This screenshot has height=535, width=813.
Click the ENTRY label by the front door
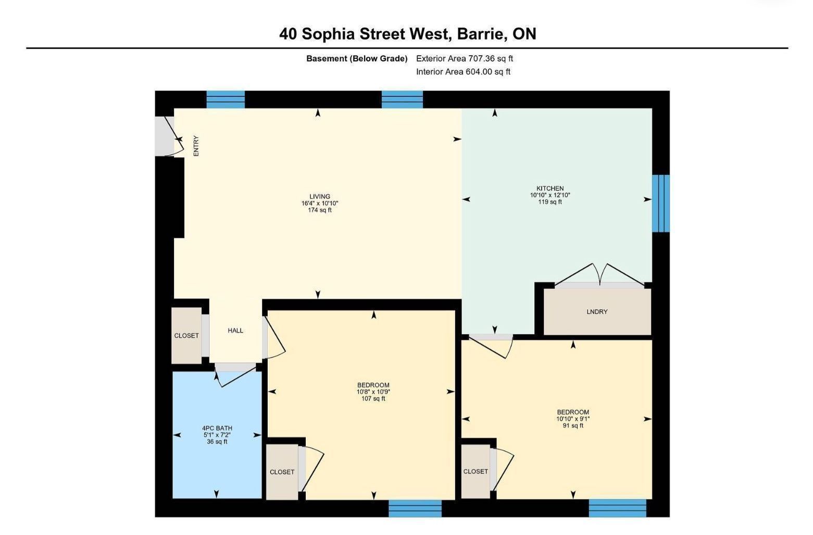pyautogui.click(x=196, y=146)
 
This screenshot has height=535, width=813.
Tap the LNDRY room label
pyautogui.click(x=597, y=312)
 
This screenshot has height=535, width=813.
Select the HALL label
pyautogui.click(x=235, y=330)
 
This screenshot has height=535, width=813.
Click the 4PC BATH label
pyautogui.click(x=217, y=428)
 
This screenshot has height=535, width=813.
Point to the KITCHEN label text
pyautogui.click(x=550, y=188)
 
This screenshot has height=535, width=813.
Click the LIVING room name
pyautogui.click(x=319, y=197)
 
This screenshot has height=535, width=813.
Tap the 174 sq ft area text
pyautogui.click(x=319, y=210)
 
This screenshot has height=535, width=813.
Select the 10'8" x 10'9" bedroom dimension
pyautogui.click(x=373, y=392)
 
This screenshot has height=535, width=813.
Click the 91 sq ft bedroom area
pyautogui.click(x=573, y=426)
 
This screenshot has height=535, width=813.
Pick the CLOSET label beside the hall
pyautogui.click(x=186, y=336)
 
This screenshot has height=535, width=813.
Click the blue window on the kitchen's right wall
pyautogui.click(x=660, y=203)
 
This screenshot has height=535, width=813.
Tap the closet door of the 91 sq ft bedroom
pyautogui.click(x=502, y=470)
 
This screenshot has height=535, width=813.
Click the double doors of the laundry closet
pyautogui.click(x=600, y=275)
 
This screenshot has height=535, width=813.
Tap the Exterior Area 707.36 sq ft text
pyautogui.click(x=465, y=58)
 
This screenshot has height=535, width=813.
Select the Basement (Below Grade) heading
pyautogui.click(x=357, y=58)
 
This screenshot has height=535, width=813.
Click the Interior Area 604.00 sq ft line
pyautogui.click(x=463, y=71)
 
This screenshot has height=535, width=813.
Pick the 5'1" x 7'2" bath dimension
pyautogui.click(x=217, y=435)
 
